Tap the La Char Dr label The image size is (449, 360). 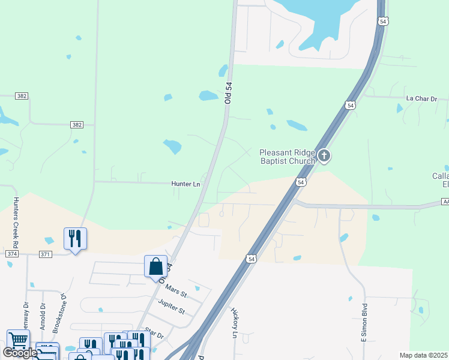(x=422, y=98)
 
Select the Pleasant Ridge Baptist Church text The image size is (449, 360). (x=287, y=157)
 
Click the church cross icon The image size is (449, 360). (x=324, y=157)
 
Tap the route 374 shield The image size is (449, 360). (x=11, y=254)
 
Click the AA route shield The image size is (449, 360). (x=445, y=202)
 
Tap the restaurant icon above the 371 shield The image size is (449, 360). (x=75, y=239)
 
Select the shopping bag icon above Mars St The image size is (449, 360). (x=155, y=266)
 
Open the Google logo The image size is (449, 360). (x=20, y=353)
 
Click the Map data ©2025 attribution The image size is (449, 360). (x=423, y=355)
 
